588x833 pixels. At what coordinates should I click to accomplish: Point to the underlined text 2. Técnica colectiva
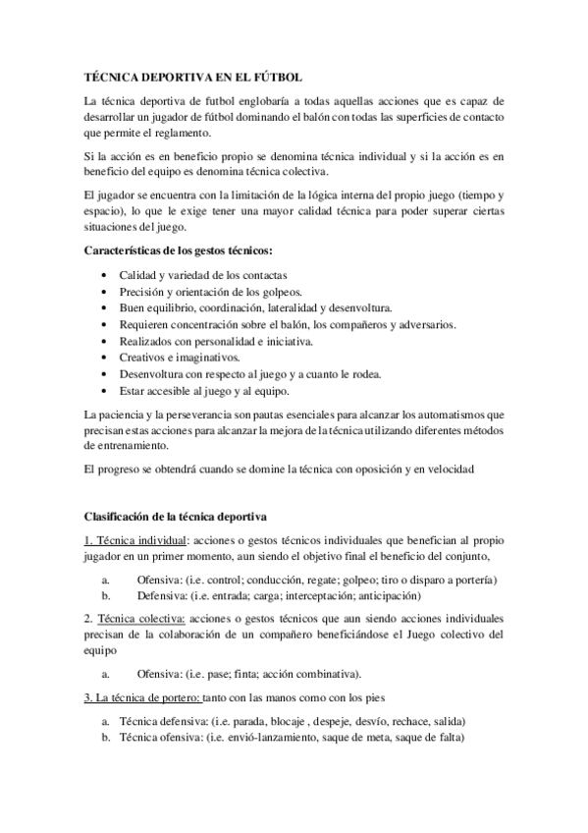[x=134, y=620]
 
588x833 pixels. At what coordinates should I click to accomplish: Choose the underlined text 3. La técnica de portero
[x=141, y=698]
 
